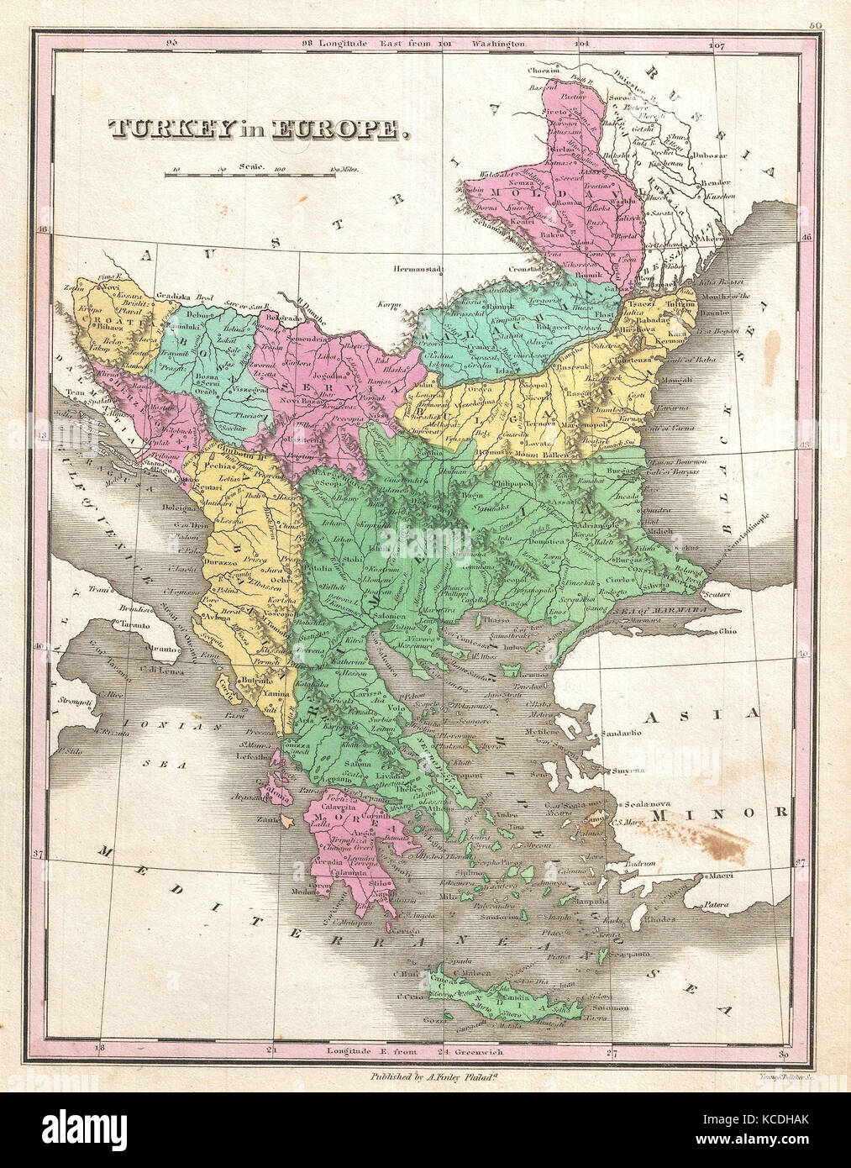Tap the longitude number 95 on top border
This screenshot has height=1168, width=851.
click(x=173, y=42)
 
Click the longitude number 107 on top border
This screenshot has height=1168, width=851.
click(x=716, y=43)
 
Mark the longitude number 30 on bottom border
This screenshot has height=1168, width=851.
click(x=783, y=1053)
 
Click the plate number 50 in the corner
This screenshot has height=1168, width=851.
click(x=814, y=26)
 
